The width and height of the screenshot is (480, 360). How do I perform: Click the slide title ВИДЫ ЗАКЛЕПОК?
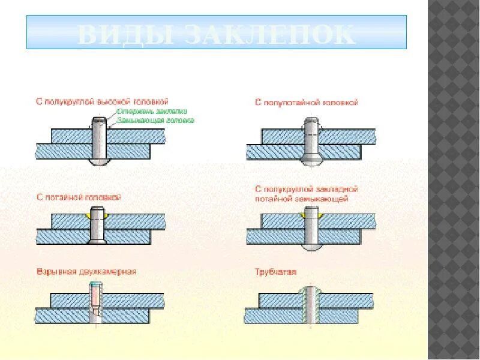click(x=216, y=34)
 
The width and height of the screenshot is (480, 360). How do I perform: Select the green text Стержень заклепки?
click(x=152, y=111)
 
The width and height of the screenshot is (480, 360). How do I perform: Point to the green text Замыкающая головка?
click(x=155, y=120)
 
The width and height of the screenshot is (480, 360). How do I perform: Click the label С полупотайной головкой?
click(x=306, y=103)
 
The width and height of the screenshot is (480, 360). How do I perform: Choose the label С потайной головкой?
click(x=79, y=197)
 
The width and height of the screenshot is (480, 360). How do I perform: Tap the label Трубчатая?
click(x=276, y=272)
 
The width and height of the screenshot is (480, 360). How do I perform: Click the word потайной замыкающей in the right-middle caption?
click(x=301, y=199)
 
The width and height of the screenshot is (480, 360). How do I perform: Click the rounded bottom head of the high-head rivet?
click(x=99, y=162)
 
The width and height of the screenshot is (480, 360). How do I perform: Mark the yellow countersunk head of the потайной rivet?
click(x=97, y=213)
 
